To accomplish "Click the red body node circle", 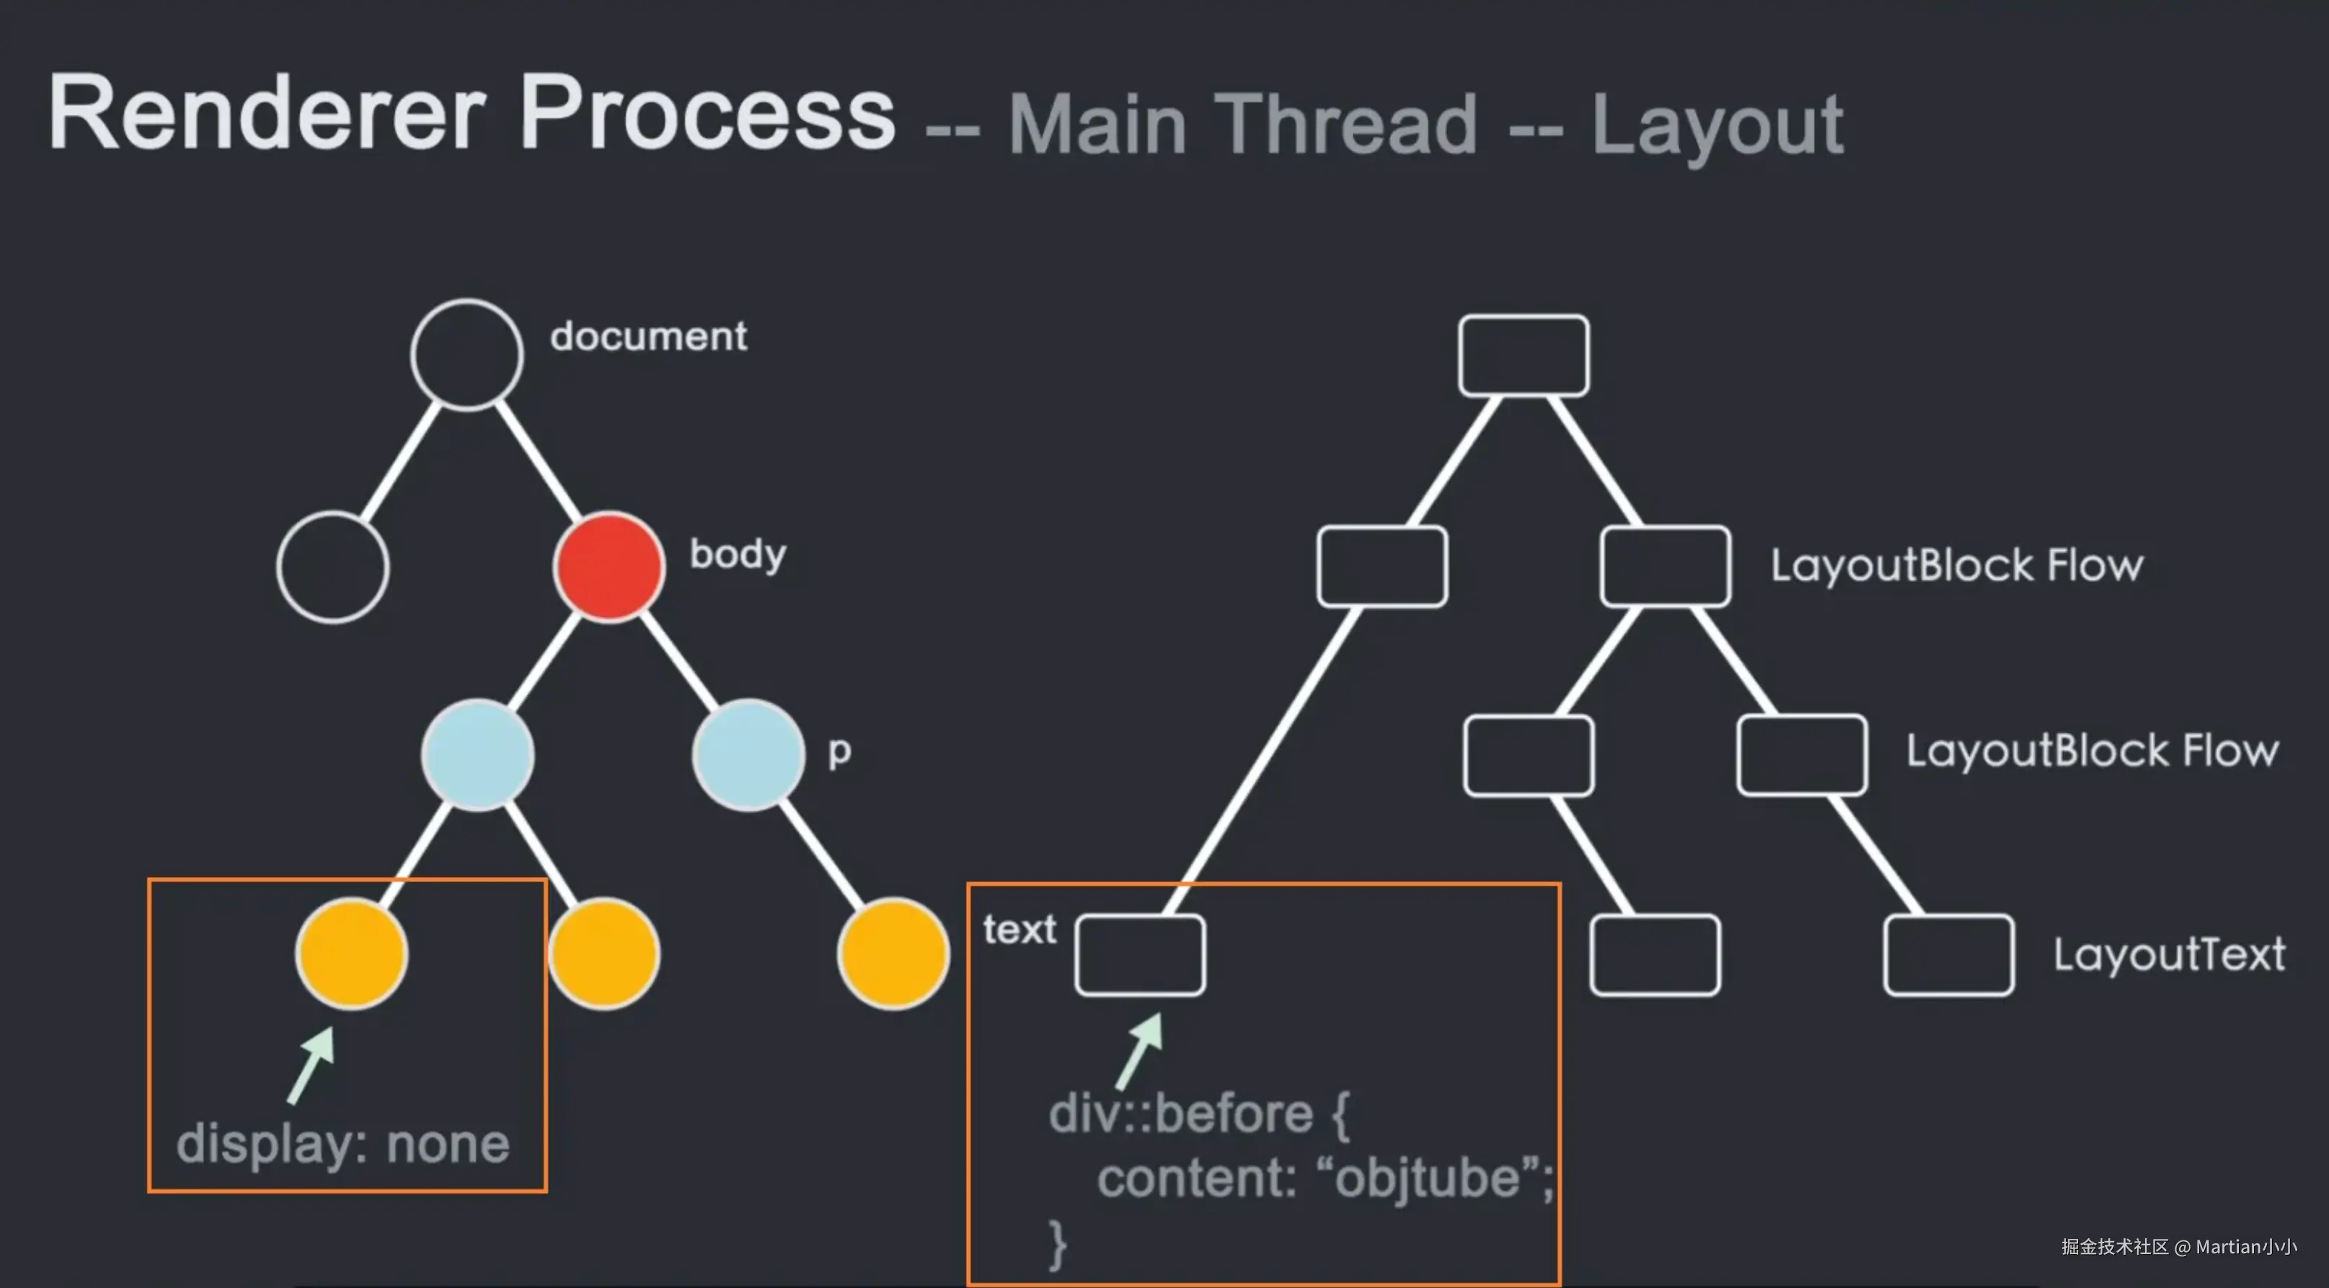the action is click(x=609, y=567).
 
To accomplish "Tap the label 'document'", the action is click(x=648, y=337).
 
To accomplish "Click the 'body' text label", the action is click(x=738, y=555).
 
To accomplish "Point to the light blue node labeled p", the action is click(x=748, y=754).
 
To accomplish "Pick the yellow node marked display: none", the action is click(x=351, y=953).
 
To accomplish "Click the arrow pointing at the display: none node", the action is click(x=310, y=1064).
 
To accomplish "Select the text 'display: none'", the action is click(x=342, y=1144).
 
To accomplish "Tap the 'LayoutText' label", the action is click(x=2169, y=954).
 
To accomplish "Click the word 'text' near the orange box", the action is click(x=1020, y=929).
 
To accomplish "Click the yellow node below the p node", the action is click(x=893, y=953).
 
